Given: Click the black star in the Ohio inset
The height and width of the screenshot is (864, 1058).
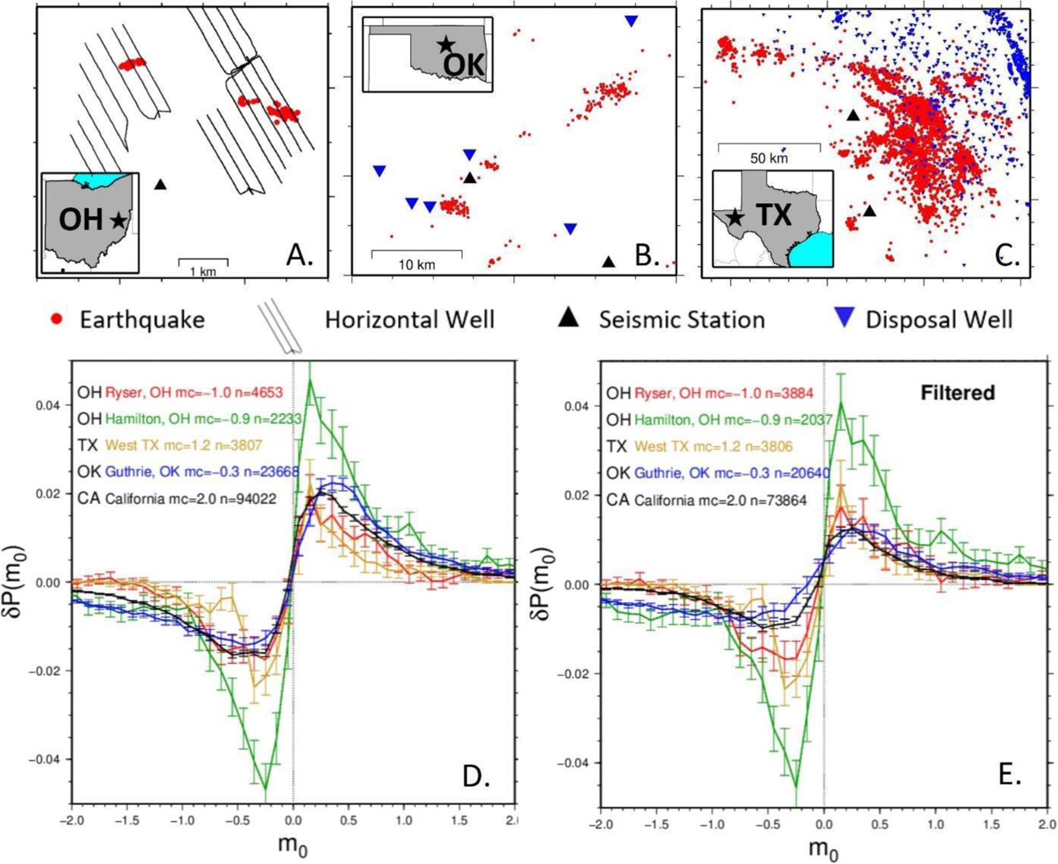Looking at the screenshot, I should (119, 220).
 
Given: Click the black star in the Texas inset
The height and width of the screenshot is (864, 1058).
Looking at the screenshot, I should (735, 216).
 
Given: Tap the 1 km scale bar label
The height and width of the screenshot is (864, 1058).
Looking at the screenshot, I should (203, 272).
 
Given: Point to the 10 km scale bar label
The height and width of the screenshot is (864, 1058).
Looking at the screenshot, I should (417, 265).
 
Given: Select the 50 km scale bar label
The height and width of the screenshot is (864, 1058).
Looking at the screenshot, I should (769, 158).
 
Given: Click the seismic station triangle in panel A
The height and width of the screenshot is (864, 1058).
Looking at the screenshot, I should (161, 184).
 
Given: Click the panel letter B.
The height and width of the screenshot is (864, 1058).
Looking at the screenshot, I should (647, 256).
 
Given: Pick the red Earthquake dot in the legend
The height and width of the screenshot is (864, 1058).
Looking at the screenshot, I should (56, 319).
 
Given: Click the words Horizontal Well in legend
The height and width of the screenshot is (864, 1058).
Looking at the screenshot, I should (409, 320).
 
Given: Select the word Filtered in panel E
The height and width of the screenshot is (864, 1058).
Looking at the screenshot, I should (957, 393).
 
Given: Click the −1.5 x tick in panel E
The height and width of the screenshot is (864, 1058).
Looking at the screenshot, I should (656, 824).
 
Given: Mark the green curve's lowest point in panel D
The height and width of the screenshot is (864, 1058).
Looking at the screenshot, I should (265, 789).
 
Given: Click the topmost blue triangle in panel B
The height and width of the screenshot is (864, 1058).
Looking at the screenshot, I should (631, 21).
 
